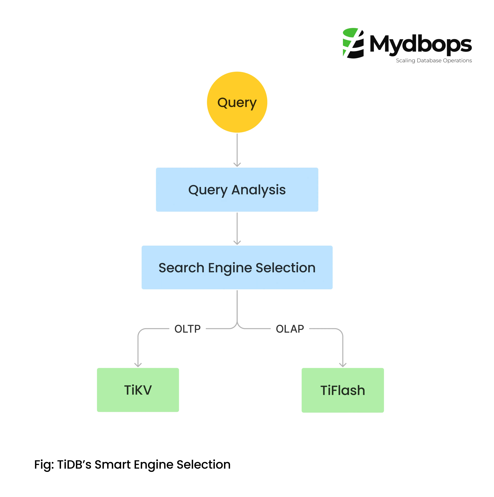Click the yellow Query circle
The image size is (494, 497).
click(237, 102)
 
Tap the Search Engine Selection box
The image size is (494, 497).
click(237, 268)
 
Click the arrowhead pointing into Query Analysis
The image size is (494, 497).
click(237, 165)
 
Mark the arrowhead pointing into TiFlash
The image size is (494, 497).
click(343, 365)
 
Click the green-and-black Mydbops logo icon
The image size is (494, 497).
click(353, 43)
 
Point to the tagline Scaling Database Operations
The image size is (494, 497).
click(434, 60)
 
